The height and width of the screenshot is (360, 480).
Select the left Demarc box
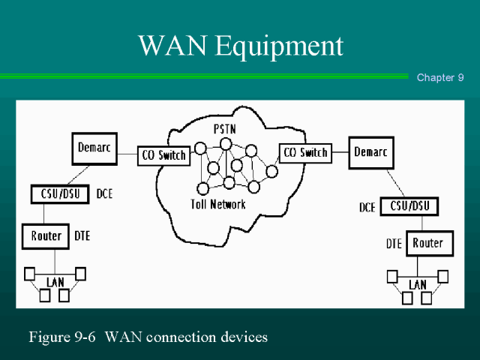[94, 148]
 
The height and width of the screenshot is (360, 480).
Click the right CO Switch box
[304, 153]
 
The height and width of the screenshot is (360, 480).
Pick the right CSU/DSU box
[409, 206]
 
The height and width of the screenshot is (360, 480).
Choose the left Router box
[46, 237]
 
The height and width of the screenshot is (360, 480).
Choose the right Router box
[427, 243]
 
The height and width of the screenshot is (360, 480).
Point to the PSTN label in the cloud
[224, 128]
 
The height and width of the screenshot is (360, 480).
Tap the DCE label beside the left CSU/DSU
[105, 194]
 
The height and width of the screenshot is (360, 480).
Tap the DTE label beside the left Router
[82, 236]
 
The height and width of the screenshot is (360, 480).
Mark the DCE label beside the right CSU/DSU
[367, 207]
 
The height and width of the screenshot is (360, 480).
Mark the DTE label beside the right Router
[394, 244]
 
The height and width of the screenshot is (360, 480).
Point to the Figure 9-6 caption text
[148, 337]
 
